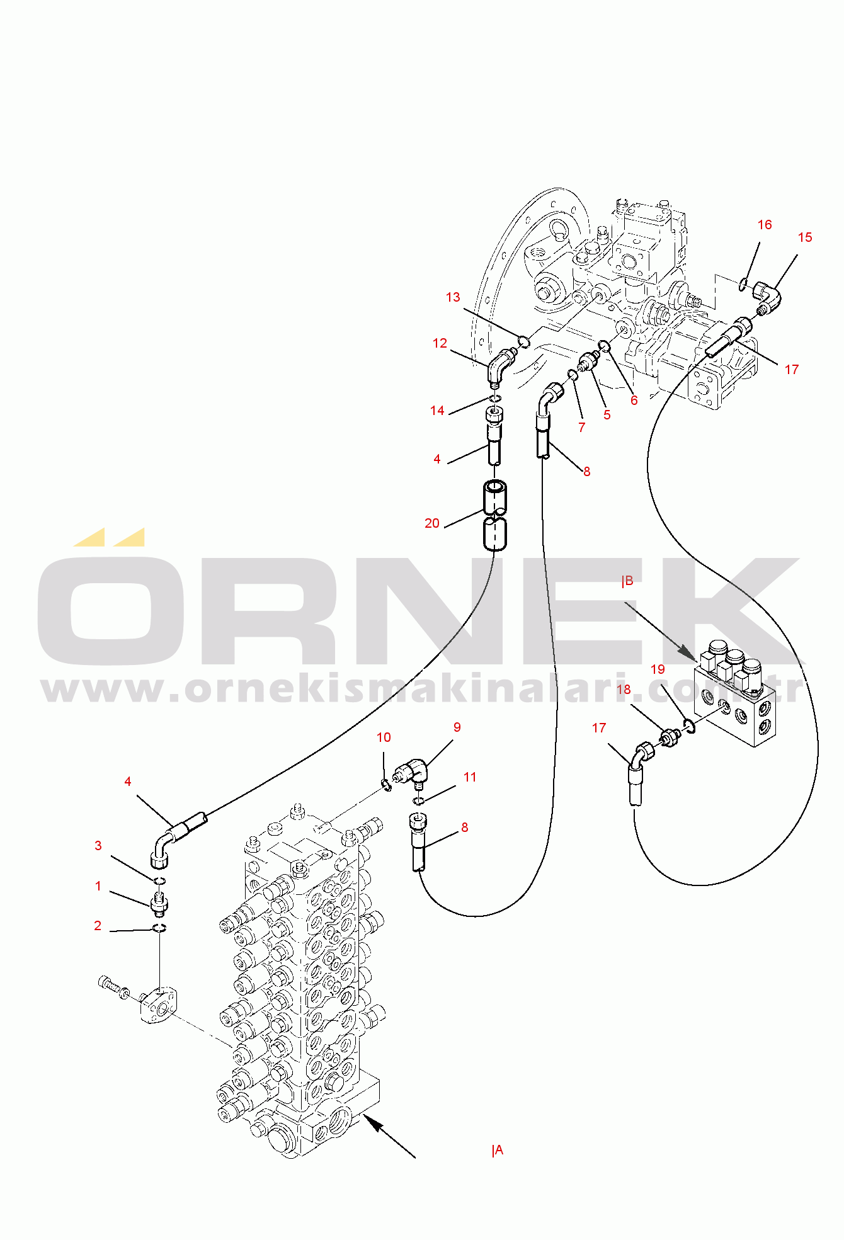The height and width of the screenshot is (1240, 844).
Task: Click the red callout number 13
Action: [453, 297]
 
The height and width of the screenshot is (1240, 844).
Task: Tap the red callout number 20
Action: [432, 523]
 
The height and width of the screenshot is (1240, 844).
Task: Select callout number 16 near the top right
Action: [765, 225]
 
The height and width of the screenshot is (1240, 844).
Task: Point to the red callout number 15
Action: [805, 237]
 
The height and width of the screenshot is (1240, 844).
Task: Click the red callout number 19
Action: [658, 669]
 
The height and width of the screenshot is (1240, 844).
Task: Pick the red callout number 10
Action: [384, 737]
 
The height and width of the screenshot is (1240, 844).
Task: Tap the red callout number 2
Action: [98, 926]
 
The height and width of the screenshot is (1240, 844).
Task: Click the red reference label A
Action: [498, 1151]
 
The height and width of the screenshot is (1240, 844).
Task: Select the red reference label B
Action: [627, 581]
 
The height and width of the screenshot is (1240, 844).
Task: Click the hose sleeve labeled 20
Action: [494, 515]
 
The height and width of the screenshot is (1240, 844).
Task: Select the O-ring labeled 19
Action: [690, 726]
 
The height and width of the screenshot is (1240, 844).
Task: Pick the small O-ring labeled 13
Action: [523, 342]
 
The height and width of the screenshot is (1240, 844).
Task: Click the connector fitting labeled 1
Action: [160, 903]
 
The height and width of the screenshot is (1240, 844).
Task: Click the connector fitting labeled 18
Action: [671, 737]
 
